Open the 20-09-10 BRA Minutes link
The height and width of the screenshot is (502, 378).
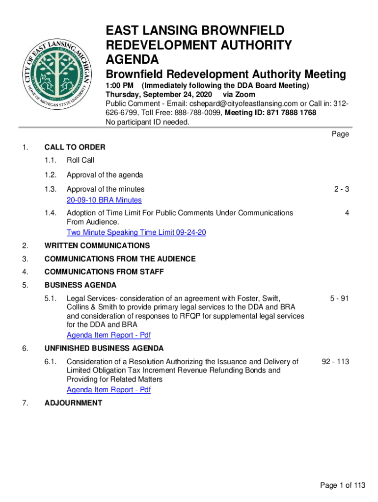click(104, 200)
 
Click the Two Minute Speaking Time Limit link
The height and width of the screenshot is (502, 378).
click(136, 232)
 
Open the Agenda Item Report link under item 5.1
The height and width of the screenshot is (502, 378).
click(108, 335)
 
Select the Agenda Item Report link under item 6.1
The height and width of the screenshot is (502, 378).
click(108, 390)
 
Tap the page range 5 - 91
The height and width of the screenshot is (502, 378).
click(339, 298)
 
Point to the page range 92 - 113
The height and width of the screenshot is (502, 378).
click(335, 362)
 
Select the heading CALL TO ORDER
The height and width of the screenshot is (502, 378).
click(75, 147)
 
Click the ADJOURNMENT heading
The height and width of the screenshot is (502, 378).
click(73, 403)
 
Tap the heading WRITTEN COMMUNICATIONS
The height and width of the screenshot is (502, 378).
click(97, 246)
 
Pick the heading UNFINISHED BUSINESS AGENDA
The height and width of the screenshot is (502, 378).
click(104, 349)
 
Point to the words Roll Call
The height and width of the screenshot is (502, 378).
click(81, 160)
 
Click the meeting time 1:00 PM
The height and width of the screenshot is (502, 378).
click(120, 86)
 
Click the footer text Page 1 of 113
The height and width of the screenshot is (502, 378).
click(343, 486)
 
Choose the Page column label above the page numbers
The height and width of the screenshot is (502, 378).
click(340, 134)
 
